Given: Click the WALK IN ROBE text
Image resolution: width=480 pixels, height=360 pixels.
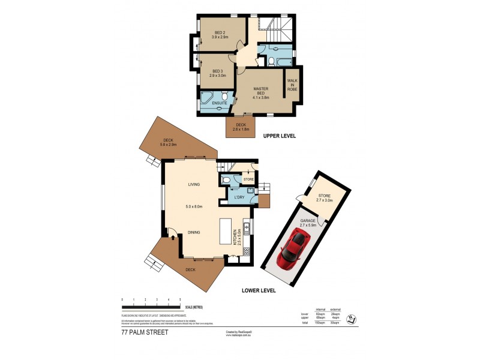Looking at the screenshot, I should [x=292, y=85].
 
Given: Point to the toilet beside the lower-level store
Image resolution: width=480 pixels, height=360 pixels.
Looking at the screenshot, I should [x=226, y=179].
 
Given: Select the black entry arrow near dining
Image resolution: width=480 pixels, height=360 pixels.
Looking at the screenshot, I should [x=173, y=236].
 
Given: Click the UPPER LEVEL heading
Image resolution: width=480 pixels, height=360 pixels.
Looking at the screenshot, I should [x=280, y=136].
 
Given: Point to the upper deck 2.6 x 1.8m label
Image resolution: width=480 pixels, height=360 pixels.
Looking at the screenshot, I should [x=241, y=127].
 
